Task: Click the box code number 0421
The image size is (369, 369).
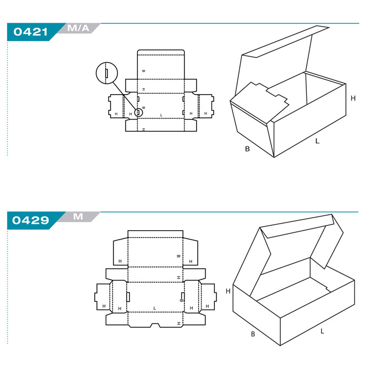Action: tap(30, 32)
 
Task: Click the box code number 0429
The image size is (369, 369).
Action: tap(30, 220)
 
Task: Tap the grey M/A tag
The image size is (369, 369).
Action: tap(78, 28)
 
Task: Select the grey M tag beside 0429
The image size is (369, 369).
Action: tap(78, 216)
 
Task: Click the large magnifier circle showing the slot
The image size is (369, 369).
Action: tap(107, 73)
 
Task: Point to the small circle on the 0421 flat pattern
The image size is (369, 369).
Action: tap(139, 112)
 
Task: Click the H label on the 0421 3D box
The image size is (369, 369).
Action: tap(353, 98)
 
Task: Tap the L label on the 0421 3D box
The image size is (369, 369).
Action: tap(317, 141)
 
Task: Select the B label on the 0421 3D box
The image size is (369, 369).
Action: tap(247, 149)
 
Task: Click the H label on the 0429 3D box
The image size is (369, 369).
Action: tap(228, 291)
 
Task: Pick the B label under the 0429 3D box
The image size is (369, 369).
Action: tap(253, 334)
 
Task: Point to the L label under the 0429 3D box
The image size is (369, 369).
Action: tap(322, 332)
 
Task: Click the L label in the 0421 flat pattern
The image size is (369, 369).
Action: tap(161, 115)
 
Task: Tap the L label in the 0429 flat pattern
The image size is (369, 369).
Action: tap(155, 308)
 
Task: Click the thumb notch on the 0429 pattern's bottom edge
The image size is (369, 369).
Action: tap(155, 325)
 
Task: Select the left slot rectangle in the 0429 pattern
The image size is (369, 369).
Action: tap(128, 297)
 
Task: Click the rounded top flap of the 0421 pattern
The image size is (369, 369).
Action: tap(161, 64)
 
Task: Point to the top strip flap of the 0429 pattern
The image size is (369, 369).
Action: tap(155, 234)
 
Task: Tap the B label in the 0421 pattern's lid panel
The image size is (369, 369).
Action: tap(144, 70)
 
